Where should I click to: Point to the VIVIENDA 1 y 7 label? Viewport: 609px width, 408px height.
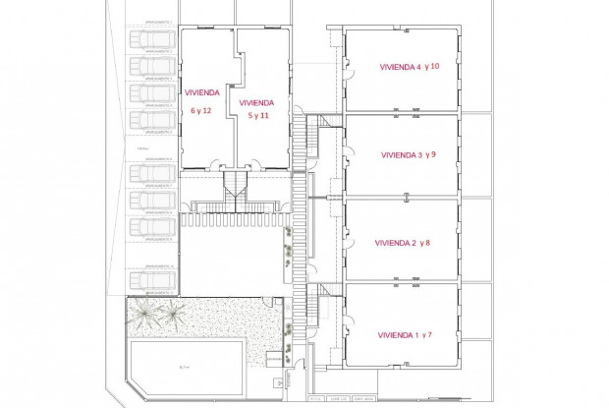405,335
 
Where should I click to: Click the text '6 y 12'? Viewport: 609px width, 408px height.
201,111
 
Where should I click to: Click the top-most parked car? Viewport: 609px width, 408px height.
154,39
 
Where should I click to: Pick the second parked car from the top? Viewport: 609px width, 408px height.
154,66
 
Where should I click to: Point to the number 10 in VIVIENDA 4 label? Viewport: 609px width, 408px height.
436,67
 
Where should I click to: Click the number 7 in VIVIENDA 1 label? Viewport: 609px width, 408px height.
430,335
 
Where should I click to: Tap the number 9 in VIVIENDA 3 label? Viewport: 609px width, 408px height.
433,155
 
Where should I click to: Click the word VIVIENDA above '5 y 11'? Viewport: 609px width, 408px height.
255,102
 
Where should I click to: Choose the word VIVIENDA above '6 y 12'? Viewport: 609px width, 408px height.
201,93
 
